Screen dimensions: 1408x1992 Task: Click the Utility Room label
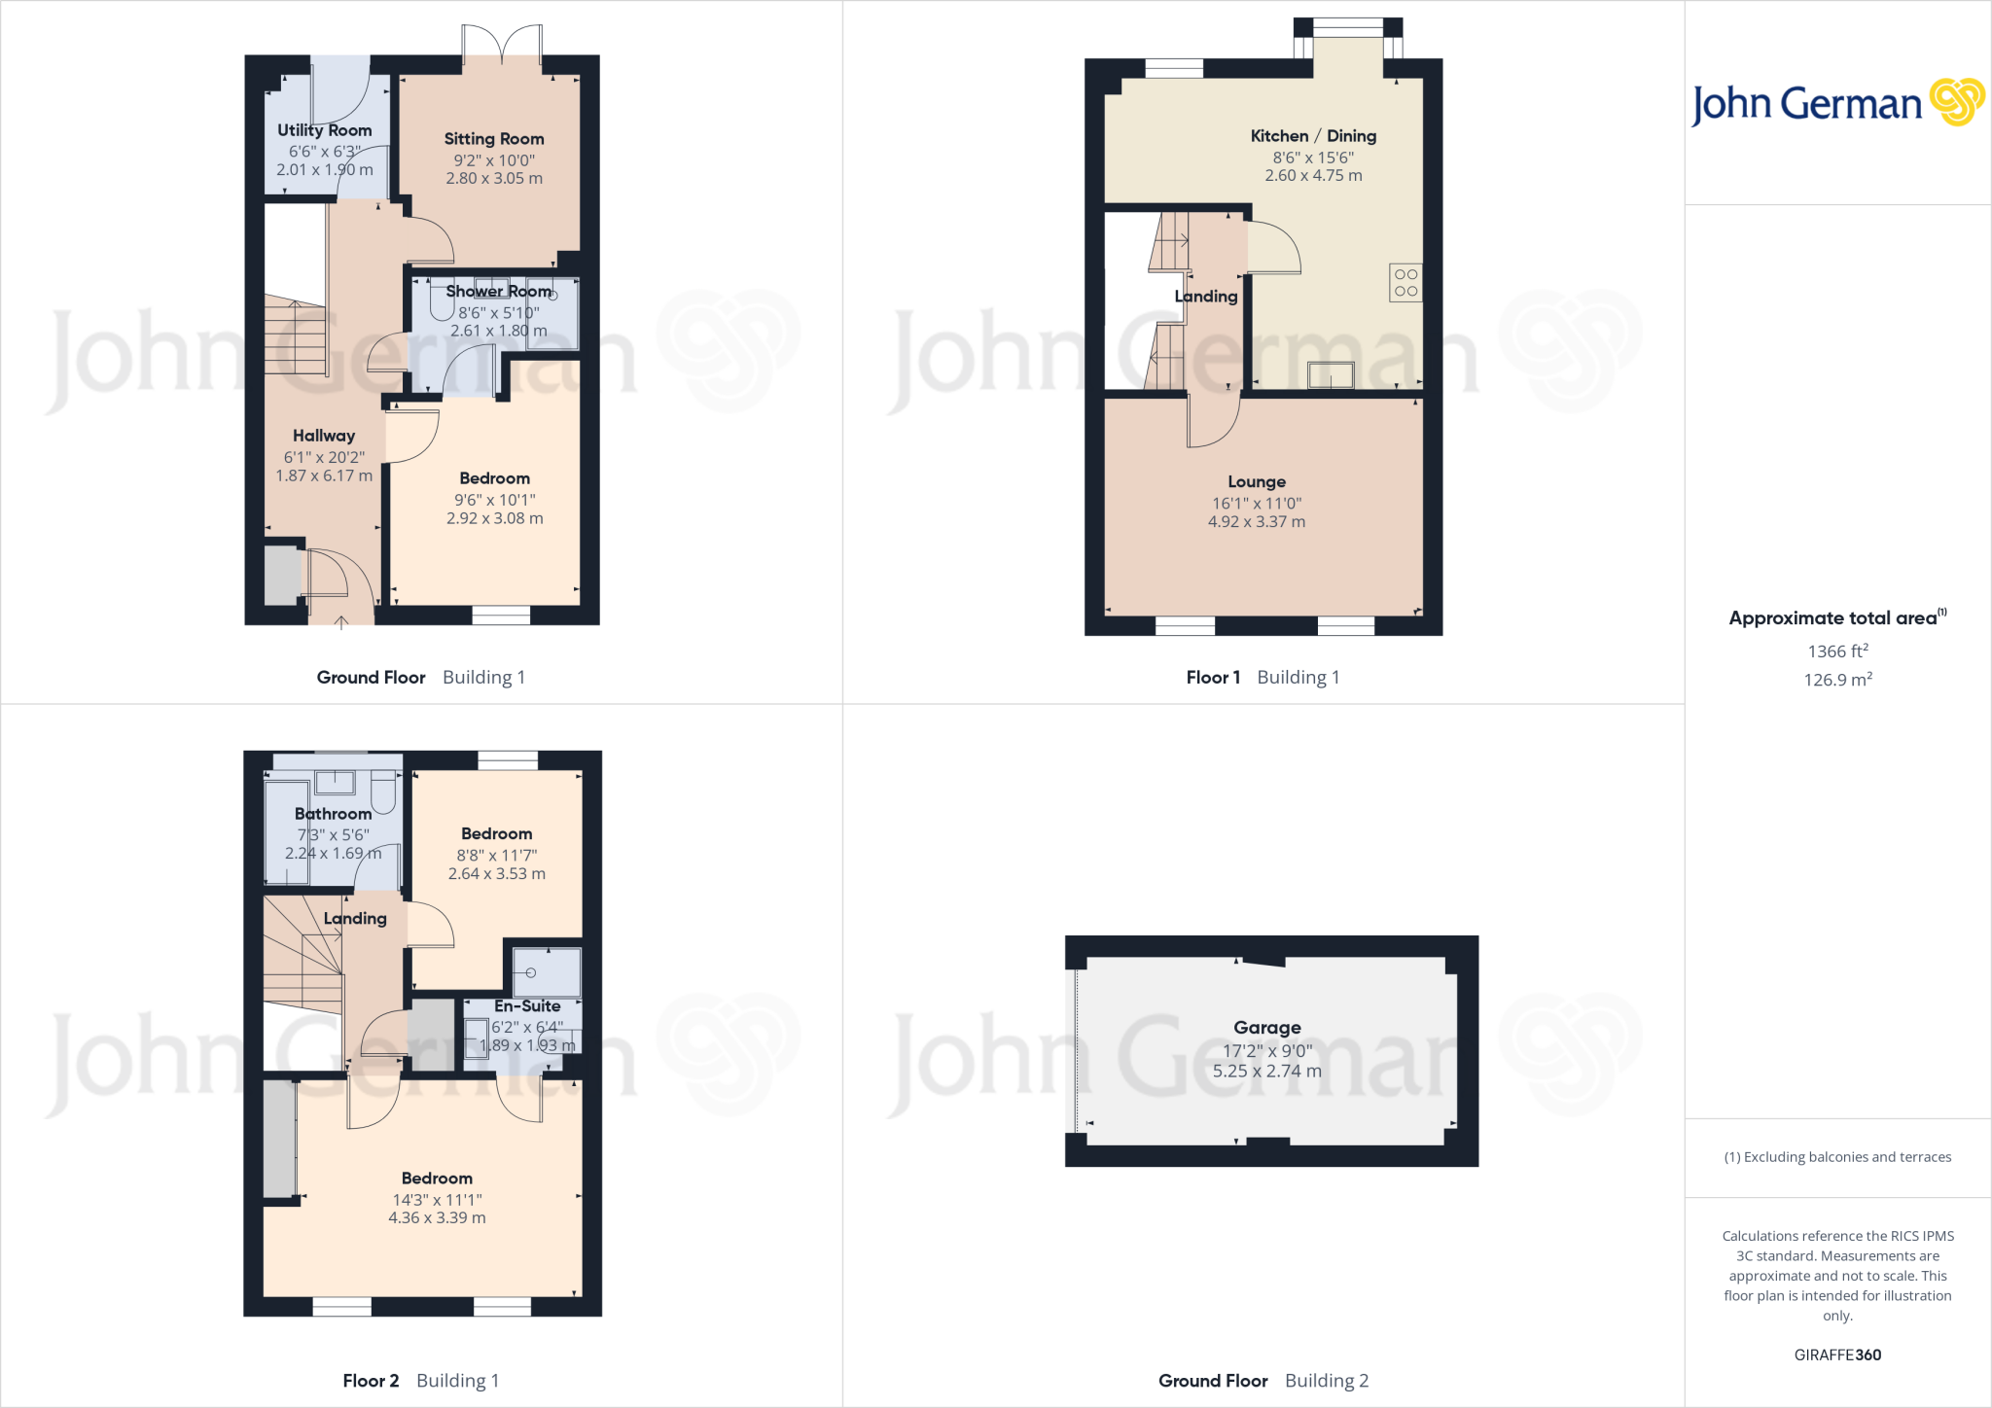(324, 130)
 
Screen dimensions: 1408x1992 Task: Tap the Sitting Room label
(494, 139)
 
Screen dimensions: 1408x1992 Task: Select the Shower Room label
(499, 292)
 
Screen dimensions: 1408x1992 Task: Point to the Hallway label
(324, 436)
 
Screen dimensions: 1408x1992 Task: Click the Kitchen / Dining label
(1313, 136)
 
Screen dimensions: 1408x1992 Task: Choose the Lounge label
(1257, 482)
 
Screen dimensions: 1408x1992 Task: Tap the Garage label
(1266, 1028)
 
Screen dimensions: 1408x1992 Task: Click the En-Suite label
(527, 1006)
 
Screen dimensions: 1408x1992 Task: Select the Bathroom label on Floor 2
(333, 814)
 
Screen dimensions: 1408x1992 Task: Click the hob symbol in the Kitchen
(1405, 283)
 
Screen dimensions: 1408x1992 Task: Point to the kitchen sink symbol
(1331, 374)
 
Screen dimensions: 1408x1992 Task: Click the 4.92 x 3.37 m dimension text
(1257, 522)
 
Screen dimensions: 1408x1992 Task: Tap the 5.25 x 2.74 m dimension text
(1266, 1072)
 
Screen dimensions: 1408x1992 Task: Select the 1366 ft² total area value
(1837, 651)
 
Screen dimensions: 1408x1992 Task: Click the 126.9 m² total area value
(1837, 680)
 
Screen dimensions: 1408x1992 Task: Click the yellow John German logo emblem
(1957, 102)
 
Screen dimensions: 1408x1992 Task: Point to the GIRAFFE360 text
(1837, 1355)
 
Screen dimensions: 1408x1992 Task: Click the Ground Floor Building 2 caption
(1263, 1381)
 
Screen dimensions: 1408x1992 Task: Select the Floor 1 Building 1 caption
(1263, 678)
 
